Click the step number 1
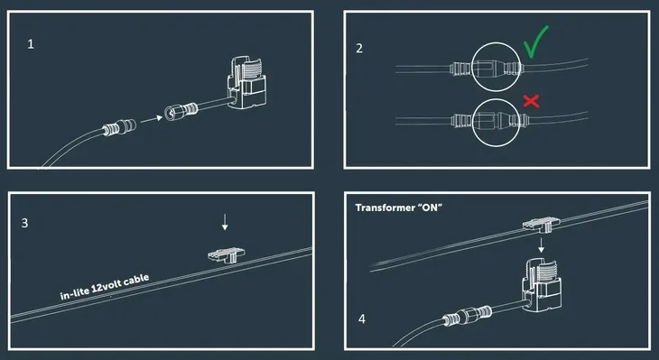(x=31, y=44)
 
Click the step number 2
(x=359, y=49)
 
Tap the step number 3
(x=24, y=223)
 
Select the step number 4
(x=362, y=319)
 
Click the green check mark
(x=534, y=42)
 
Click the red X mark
(x=531, y=101)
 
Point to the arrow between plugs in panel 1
(x=152, y=119)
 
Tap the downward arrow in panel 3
(x=225, y=222)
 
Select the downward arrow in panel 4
(x=542, y=245)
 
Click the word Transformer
(x=385, y=208)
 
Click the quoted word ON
(x=429, y=208)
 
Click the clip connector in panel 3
(x=226, y=254)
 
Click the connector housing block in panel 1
(x=246, y=83)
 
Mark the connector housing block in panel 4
(x=542, y=286)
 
